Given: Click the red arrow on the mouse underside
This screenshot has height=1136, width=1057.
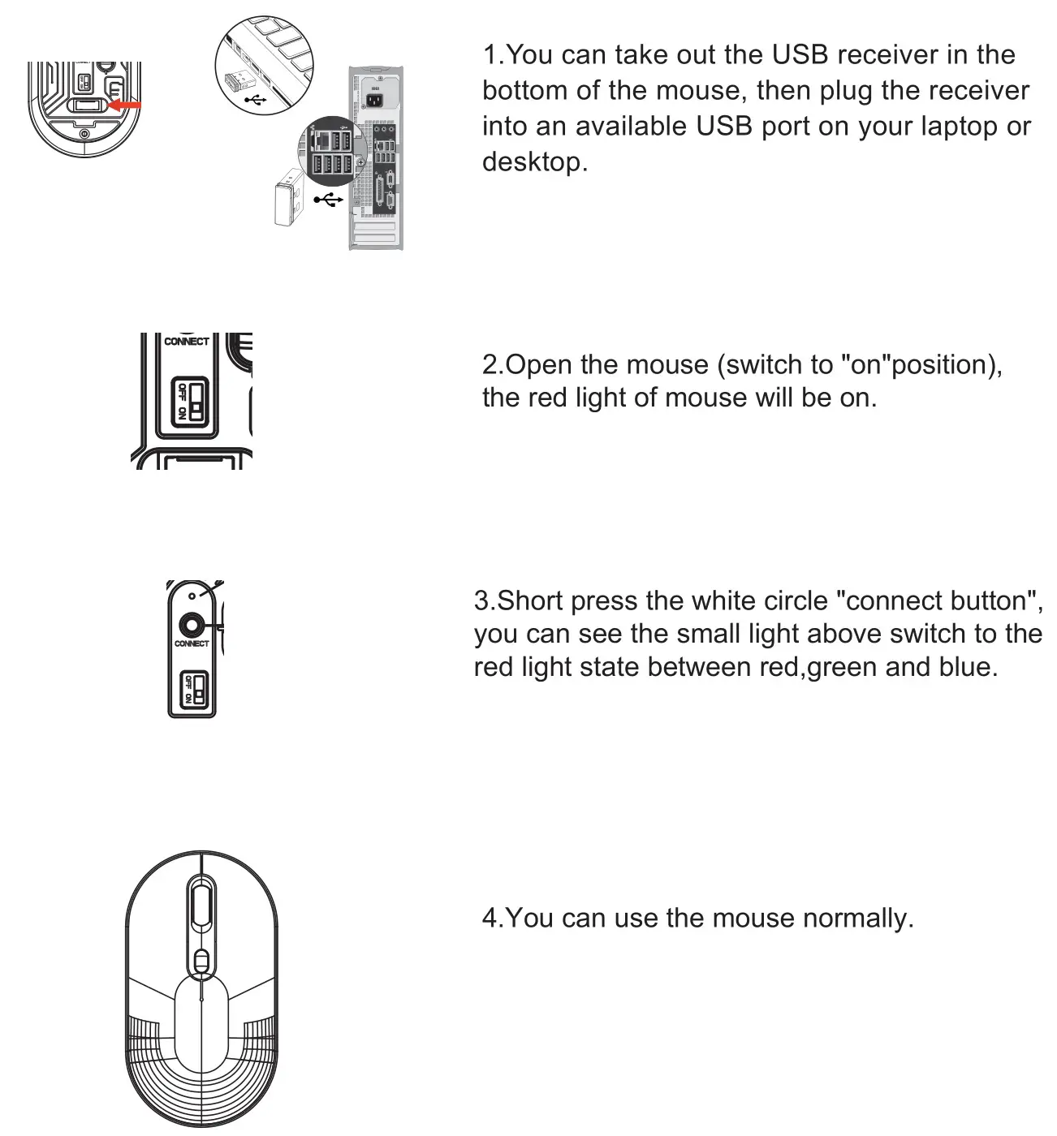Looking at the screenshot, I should (x=125, y=105).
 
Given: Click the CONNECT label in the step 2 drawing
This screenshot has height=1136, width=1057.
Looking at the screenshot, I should (x=186, y=342).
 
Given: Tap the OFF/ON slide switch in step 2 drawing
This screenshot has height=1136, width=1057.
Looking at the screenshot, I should (x=190, y=400).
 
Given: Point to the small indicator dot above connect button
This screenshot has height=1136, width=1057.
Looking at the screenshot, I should (x=192, y=596).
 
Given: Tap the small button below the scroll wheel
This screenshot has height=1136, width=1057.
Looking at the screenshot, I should (x=201, y=962).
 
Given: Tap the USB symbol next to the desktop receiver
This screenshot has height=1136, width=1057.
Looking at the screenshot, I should (x=329, y=200).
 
